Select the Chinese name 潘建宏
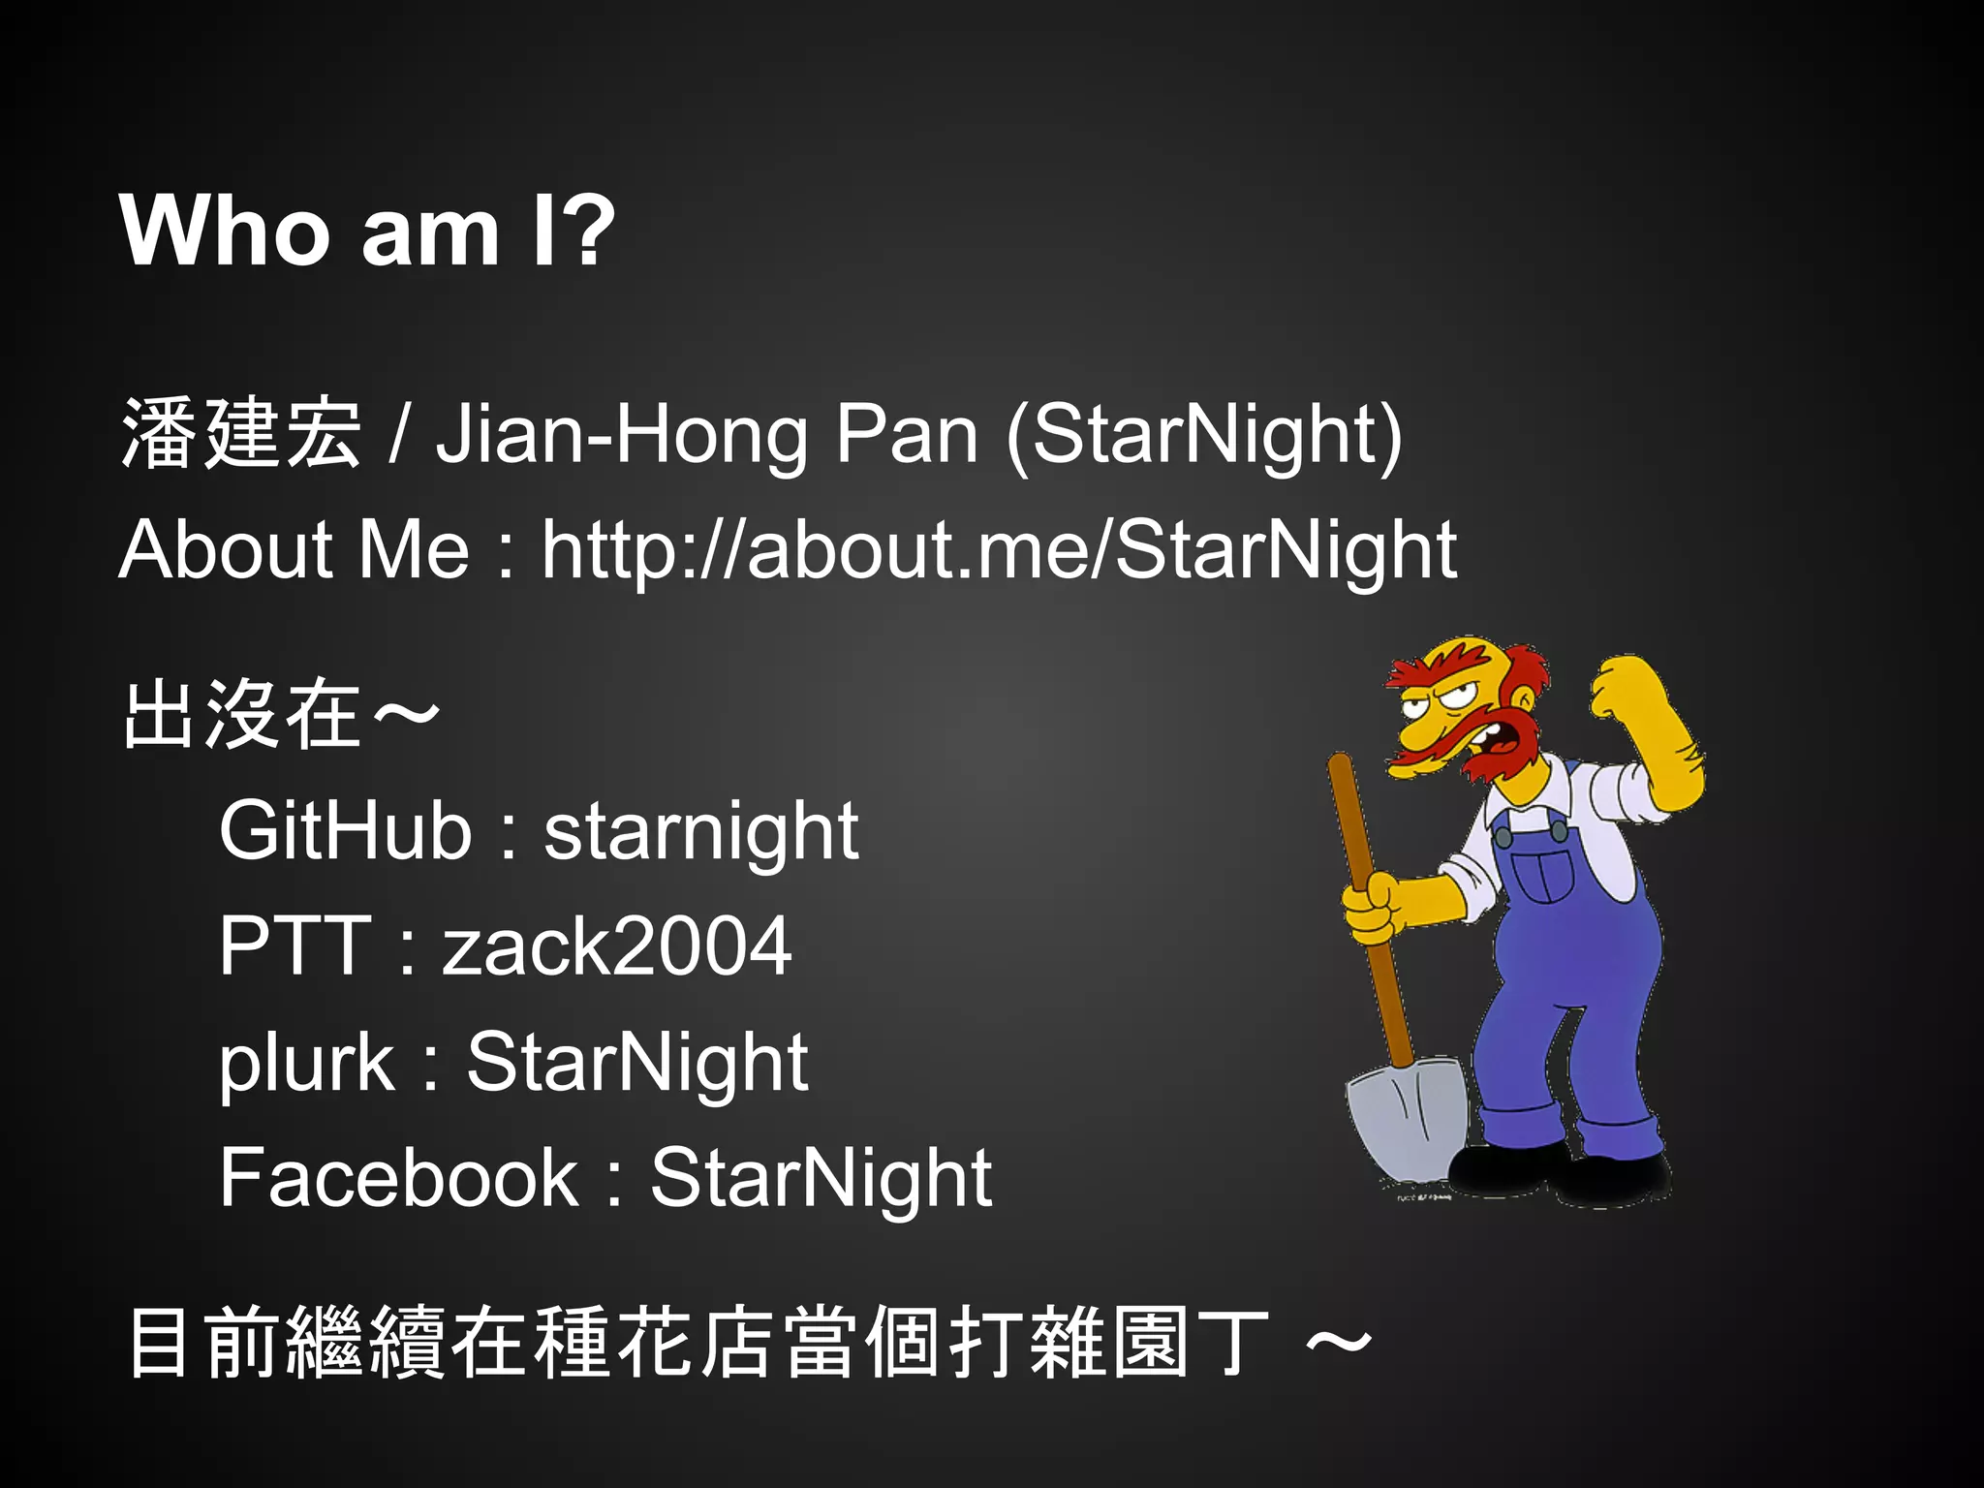pyautogui.click(x=240, y=434)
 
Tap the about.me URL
pyautogui.click(x=998, y=549)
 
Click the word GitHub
pyautogui.click(x=345, y=830)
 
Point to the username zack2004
pyautogui.click(x=617, y=945)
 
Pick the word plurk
pyautogui.click(x=306, y=1062)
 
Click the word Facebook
pyautogui.click(x=398, y=1177)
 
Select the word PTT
pyautogui.click(x=294, y=945)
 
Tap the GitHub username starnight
pyautogui.click(x=700, y=830)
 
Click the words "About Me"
pyautogui.click(x=294, y=549)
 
